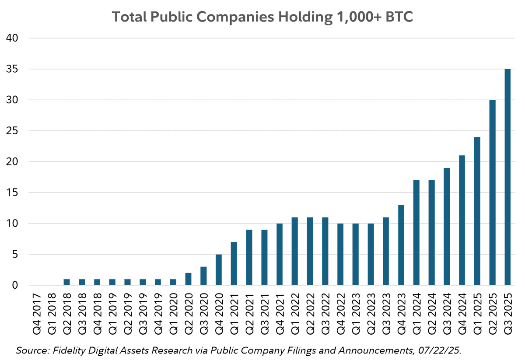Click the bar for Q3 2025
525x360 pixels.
507,177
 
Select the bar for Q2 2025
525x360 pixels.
492,192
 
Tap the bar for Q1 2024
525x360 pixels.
416,233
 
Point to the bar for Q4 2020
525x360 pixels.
219,270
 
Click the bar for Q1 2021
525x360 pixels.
234,264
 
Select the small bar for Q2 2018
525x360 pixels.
67,282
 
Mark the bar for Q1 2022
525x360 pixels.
295,252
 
